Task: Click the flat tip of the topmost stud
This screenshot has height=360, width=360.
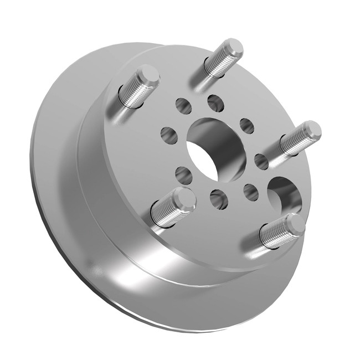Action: pos(230,48)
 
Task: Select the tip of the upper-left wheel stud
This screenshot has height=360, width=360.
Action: pos(147,75)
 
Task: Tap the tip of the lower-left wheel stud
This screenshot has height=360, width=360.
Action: pos(182,199)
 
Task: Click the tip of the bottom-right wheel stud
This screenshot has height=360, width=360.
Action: pos(291,224)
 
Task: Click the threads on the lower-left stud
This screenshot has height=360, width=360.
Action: pos(166,213)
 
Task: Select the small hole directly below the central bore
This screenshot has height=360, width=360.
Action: pos(219,198)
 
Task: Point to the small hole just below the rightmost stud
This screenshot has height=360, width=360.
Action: pos(261,161)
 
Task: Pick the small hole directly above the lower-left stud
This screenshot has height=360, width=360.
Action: pos(184,174)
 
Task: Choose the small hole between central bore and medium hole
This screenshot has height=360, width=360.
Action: pos(251,192)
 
